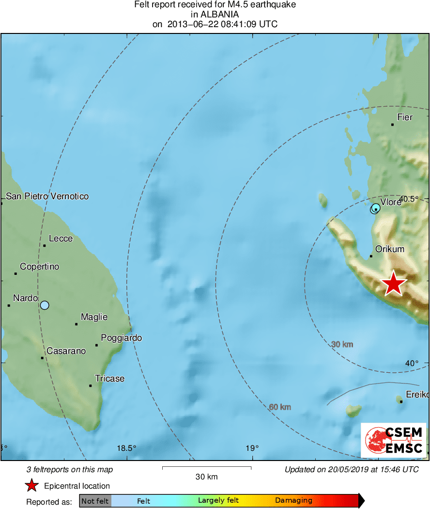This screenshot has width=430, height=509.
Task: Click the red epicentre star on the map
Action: tap(394, 284)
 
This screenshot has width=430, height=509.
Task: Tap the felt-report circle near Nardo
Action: tap(45, 305)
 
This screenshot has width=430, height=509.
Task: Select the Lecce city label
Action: tap(61, 239)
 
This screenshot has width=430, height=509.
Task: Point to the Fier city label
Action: tap(405, 117)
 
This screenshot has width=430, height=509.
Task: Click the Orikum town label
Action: tap(390, 249)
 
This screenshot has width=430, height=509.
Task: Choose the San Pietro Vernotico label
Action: tap(47, 196)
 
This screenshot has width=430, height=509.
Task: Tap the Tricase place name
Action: tap(109, 379)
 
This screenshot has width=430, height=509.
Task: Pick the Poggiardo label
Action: tap(122, 338)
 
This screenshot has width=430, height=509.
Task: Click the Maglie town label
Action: tap(94, 317)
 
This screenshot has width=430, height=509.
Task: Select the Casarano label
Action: tap(66, 351)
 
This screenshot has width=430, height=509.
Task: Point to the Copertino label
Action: tap(39, 267)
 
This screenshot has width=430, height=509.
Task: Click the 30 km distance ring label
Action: tap(342, 344)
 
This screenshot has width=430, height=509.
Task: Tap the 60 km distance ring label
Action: tap(280, 407)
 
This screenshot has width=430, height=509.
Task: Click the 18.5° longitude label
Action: tap(127, 448)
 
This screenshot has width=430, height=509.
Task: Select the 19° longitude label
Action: tap(252, 448)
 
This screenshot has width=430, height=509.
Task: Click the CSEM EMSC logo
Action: tap(394, 440)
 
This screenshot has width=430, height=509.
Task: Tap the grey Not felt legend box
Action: tap(95, 501)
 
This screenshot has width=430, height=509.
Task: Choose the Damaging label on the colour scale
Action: tap(293, 501)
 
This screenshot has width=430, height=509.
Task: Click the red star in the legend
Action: tap(32, 486)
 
